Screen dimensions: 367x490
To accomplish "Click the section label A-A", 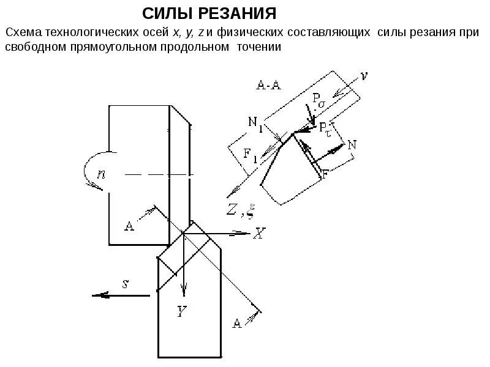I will point(268,85).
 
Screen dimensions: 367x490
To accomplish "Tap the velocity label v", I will point(364,76).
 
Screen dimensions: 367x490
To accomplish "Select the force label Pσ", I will point(318,98).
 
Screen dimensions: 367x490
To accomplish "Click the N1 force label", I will point(256,122).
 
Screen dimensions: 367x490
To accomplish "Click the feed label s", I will point(125,283).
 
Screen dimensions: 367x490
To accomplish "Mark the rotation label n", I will point(102,173).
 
